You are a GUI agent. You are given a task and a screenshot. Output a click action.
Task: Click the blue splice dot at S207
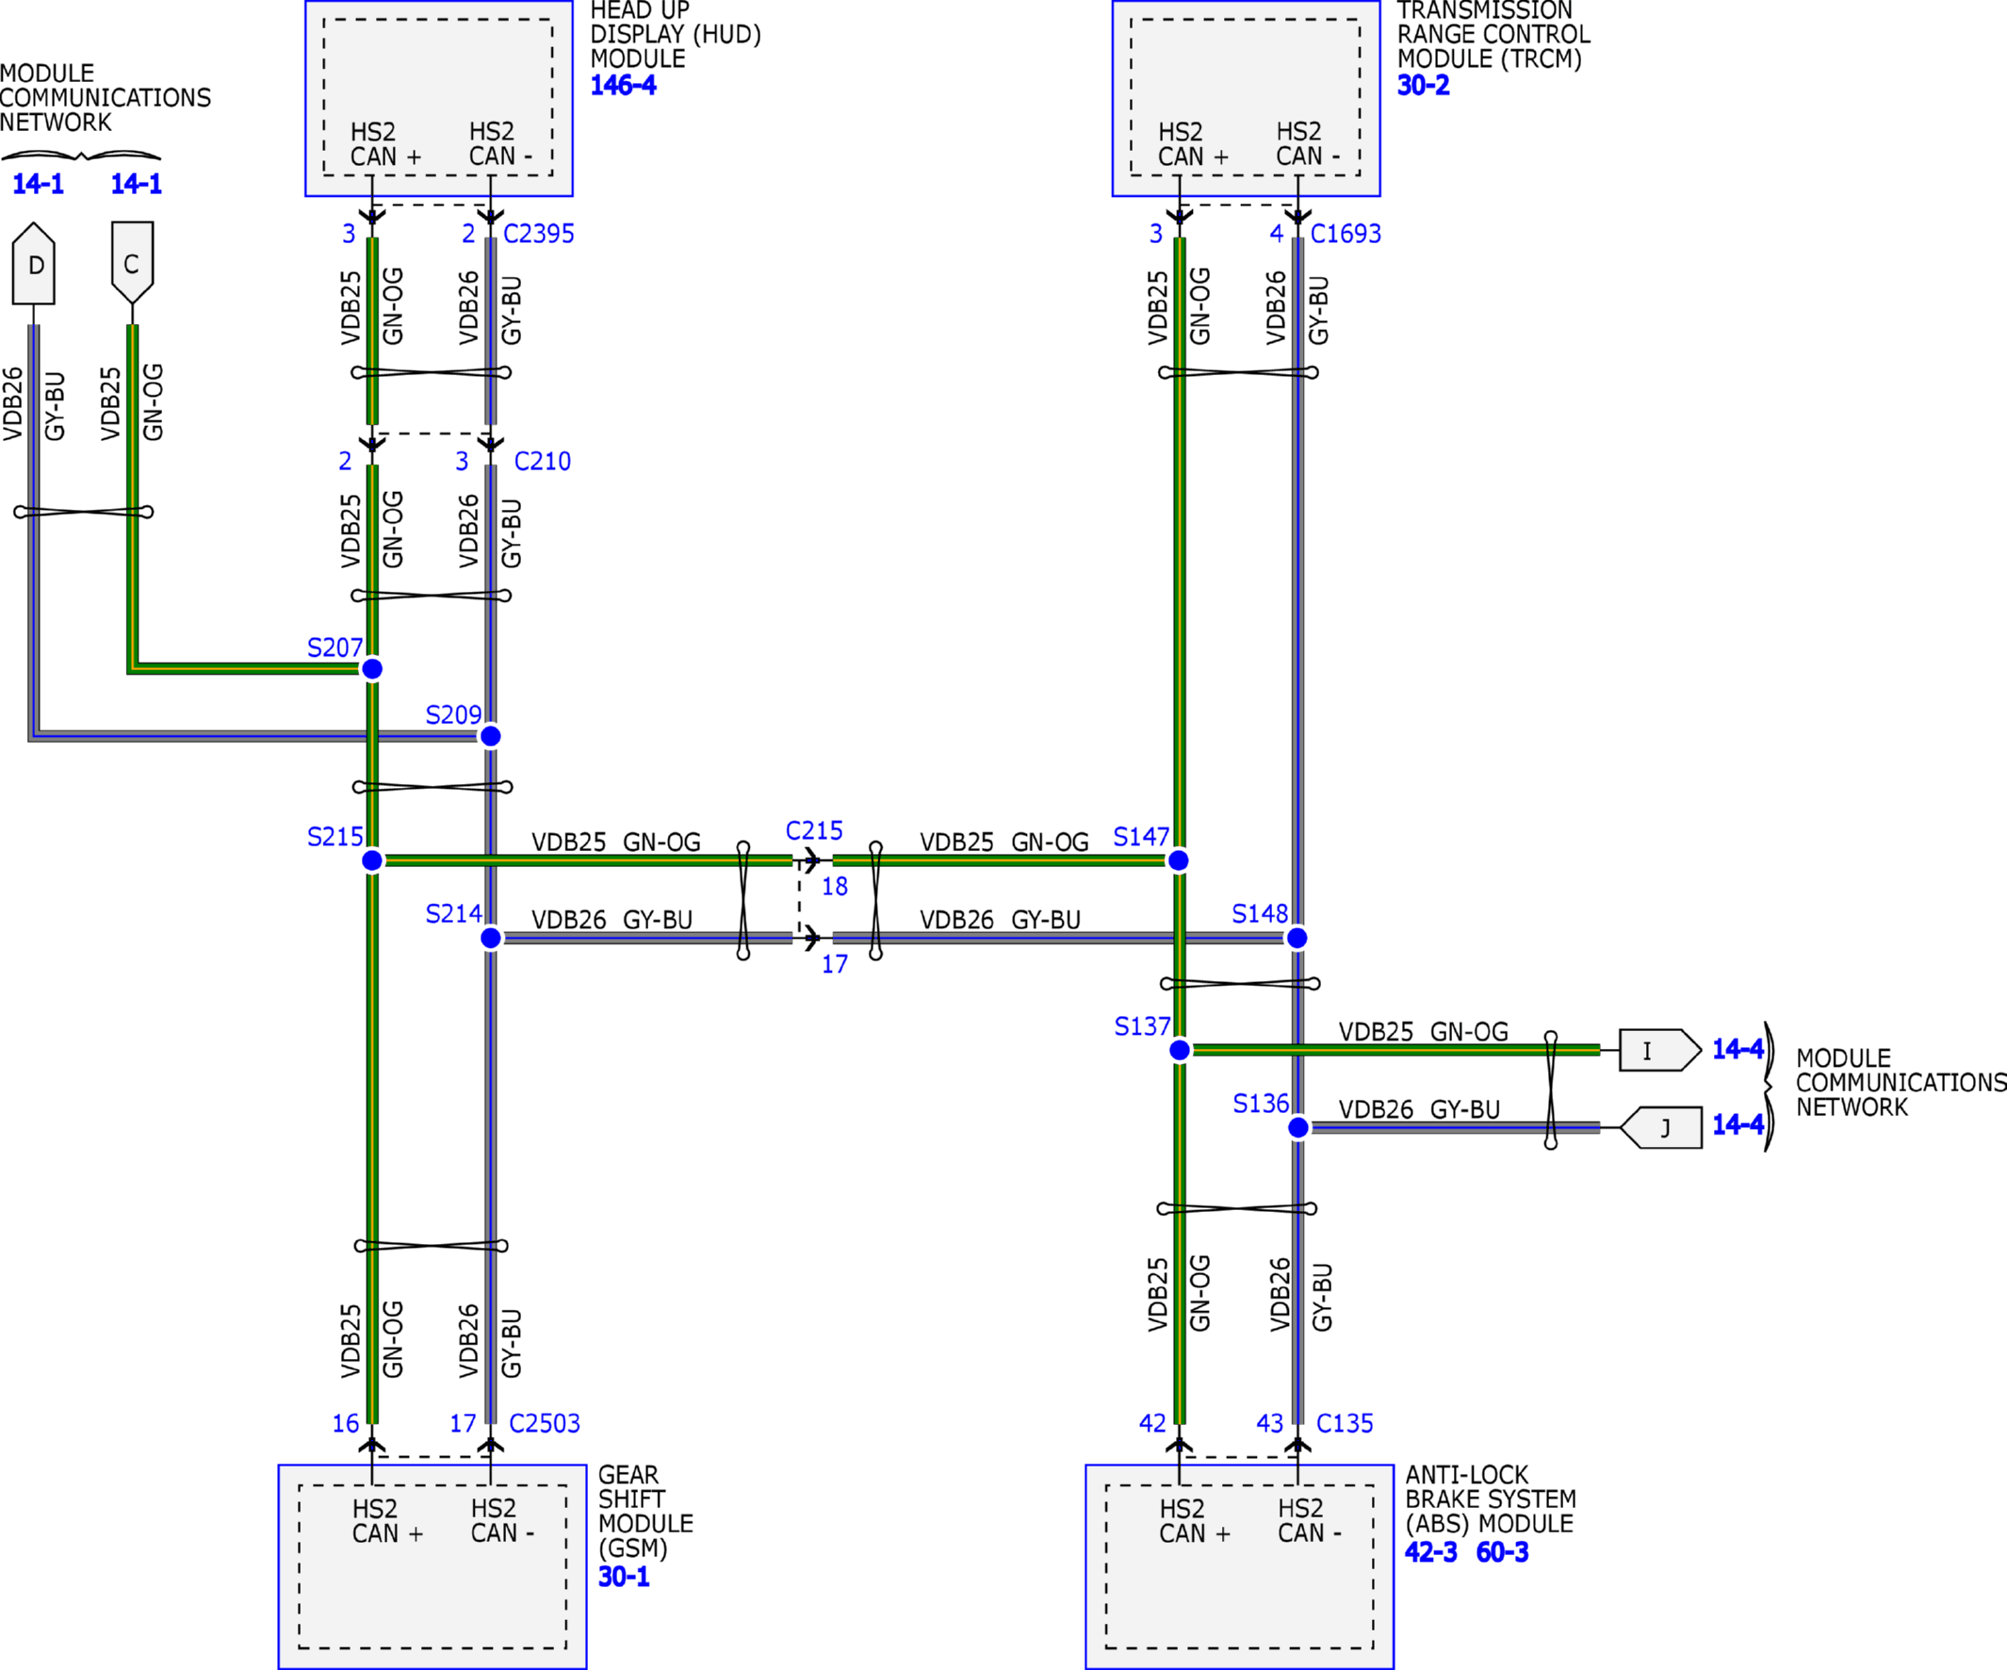372,668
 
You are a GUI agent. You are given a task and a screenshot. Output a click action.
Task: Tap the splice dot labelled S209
490,736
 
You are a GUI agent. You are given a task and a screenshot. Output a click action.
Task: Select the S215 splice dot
372,860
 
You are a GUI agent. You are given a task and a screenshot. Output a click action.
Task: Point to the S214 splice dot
490,938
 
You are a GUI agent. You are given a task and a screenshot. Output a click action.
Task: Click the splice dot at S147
1179,860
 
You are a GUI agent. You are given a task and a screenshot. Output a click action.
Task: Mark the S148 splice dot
1297,938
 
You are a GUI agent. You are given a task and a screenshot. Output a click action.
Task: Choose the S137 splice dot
1180,1050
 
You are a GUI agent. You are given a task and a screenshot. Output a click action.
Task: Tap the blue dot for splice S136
1297,1128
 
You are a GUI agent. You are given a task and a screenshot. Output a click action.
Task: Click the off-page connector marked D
34,264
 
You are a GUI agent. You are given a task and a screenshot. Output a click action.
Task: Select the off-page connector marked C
132,264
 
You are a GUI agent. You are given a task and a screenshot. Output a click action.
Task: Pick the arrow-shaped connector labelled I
1660,1050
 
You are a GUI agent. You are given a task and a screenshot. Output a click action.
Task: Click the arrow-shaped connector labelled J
1661,1128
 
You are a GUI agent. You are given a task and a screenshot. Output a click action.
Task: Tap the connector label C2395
539,233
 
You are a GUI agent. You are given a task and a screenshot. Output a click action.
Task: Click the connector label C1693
1346,233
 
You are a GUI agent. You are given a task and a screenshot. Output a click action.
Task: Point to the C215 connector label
814,830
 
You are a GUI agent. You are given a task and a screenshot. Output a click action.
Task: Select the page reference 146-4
623,85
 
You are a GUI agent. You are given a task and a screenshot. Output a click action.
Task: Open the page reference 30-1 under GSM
623,1577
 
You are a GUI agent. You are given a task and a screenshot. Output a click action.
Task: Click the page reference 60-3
1501,1551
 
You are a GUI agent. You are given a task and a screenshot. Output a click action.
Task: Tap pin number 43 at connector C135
1269,1423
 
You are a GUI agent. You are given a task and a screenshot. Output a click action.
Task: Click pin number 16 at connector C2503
345,1423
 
